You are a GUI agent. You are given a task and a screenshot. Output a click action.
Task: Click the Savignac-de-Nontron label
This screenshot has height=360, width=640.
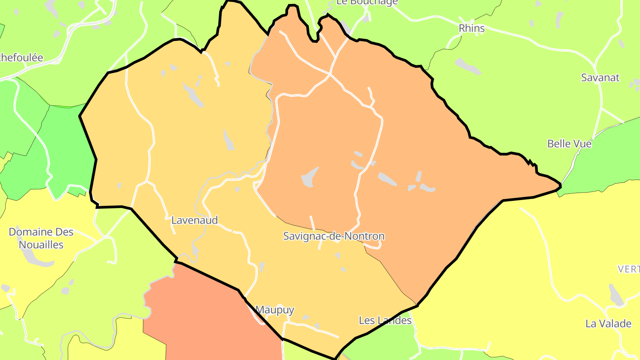click(x=333, y=236)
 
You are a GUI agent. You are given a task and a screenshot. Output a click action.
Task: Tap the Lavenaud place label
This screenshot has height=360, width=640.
click(x=195, y=220)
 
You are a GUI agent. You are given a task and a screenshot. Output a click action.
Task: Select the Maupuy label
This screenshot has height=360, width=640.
click(x=275, y=310)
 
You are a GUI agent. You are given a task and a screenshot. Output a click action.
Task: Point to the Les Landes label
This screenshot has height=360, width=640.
click(x=385, y=320)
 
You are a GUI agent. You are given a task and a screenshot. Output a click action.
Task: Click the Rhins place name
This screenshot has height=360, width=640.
click(x=472, y=28)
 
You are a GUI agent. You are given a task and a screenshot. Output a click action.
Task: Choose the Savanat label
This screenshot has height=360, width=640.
click(x=600, y=77)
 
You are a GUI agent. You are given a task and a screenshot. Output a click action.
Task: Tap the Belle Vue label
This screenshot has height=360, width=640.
click(x=569, y=144)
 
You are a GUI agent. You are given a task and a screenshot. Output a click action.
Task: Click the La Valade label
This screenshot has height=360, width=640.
click(x=608, y=323)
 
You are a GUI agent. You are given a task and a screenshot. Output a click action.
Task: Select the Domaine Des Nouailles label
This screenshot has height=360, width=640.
click(x=41, y=238)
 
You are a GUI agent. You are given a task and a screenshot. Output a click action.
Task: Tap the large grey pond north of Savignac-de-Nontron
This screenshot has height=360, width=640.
click(x=310, y=177)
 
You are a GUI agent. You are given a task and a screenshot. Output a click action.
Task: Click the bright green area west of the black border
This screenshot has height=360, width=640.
click(x=67, y=151)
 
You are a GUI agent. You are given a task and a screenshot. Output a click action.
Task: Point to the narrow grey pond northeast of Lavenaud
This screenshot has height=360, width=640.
click(x=228, y=140)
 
